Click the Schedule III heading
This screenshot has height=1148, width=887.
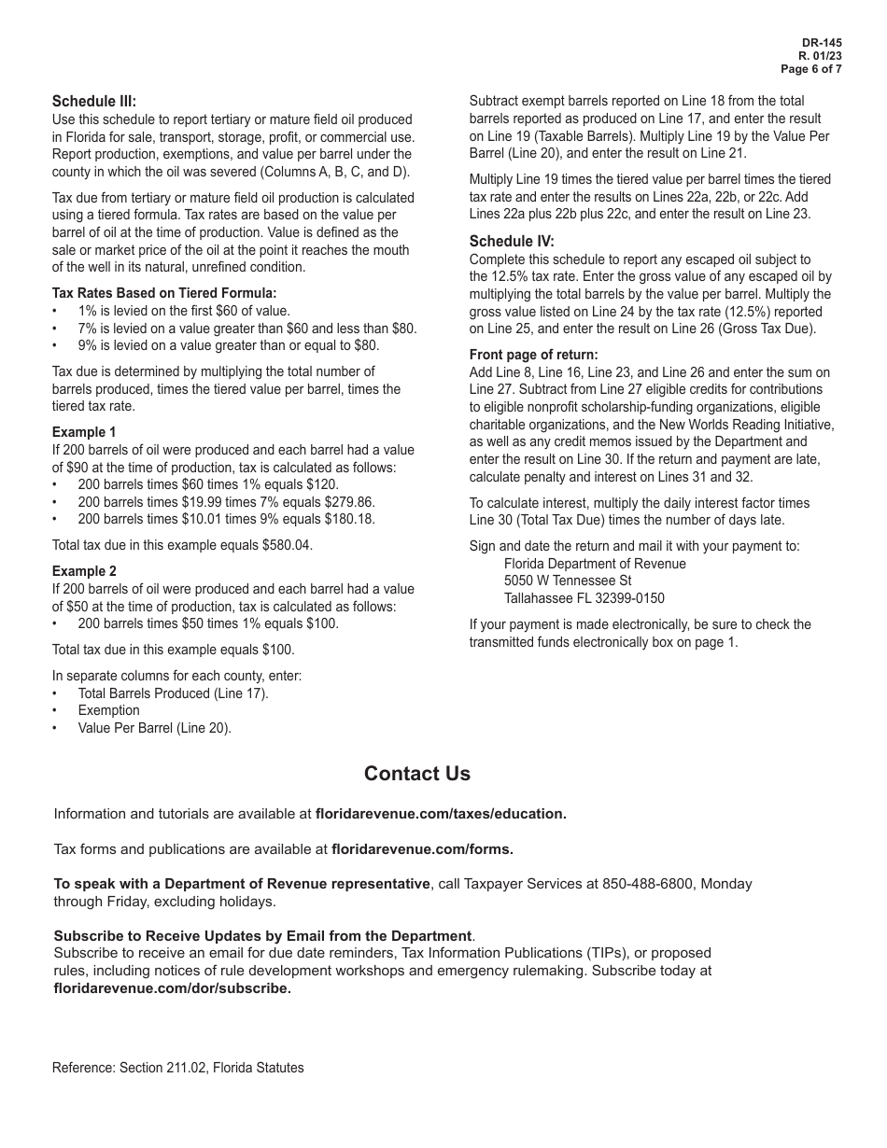click(94, 101)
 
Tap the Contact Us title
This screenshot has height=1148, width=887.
click(417, 774)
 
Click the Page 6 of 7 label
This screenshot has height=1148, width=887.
click(811, 69)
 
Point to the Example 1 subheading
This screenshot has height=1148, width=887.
click(84, 432)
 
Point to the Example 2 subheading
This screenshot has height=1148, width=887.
click(84, 571)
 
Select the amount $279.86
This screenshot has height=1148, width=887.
click(347, 502)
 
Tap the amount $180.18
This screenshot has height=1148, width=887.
click(348, 519)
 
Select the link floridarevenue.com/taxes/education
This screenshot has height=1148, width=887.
click(441, 814)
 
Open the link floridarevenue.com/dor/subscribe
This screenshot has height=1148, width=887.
click(172, 988)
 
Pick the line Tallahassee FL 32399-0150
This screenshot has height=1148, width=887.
click(584, 598)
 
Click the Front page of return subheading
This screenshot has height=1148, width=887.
click(533, 355)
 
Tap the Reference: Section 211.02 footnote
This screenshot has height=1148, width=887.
click(178, 1068)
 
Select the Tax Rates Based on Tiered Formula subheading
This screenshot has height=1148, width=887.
click(164, 293)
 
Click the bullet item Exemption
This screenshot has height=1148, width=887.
click(108, 710)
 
